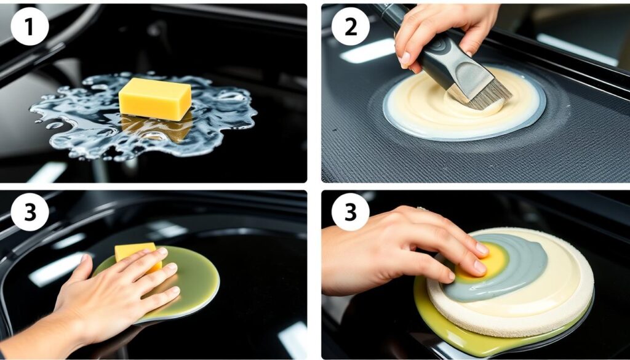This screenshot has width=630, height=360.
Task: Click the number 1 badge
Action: pos(30,26)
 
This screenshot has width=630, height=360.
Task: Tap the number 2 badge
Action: pos(350,26)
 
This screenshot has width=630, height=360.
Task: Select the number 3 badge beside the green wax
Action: pos(30,212)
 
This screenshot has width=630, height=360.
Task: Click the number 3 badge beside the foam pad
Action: pos(350,212)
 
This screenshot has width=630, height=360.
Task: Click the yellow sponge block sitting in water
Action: pos(155,99)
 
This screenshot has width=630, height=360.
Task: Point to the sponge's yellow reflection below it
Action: pos(157,128)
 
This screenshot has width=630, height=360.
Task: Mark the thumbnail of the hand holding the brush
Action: pos(405,59)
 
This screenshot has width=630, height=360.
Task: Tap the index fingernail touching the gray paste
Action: pos(482,249)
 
